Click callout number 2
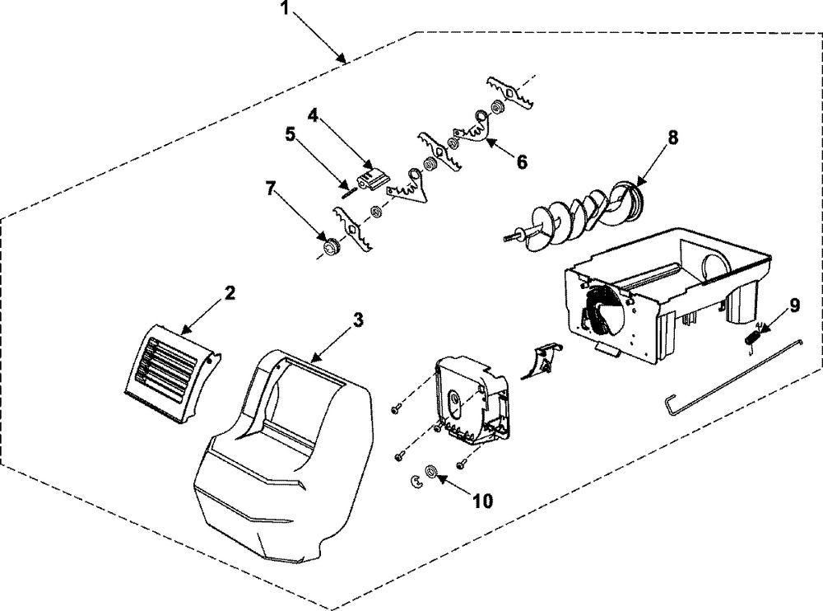click(x=230, y=292)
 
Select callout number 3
click(x=356, y=321)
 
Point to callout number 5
click(x=290, y=134)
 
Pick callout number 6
click(x=522, y=161)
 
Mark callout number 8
click(x=672, y=138)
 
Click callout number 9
click(x=793, y=306)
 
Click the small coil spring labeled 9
click(x=754, y=335)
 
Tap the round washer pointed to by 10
click(x=430, y=472)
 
